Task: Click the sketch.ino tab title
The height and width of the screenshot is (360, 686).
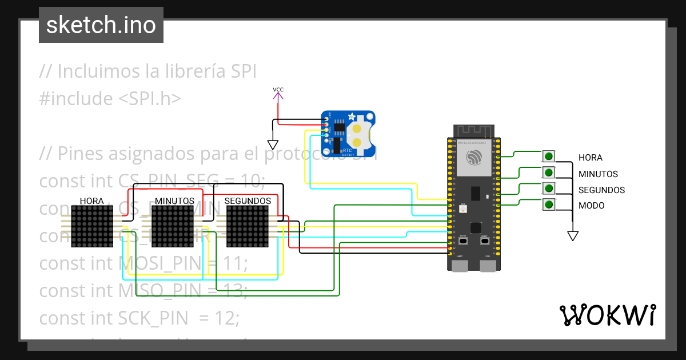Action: point(101,25)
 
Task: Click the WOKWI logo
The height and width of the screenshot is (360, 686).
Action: point(607,315)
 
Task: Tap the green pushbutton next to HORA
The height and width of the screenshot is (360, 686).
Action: point(549,156)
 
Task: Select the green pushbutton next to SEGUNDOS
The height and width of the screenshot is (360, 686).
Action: point(549,189)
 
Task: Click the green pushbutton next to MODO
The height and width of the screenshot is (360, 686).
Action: point(549,204)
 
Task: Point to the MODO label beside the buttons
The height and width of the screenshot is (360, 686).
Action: point(591,206)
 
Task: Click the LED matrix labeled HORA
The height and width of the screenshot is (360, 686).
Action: point(91,227)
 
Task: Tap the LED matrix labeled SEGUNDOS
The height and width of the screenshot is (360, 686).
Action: point(247,227)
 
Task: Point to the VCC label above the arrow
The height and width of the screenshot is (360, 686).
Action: point(278,90)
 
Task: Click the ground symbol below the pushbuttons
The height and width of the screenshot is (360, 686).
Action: point(572,235)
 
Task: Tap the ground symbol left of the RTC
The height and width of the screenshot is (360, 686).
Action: point(273,145)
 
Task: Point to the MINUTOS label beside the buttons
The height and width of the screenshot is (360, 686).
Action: point(598,174)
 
